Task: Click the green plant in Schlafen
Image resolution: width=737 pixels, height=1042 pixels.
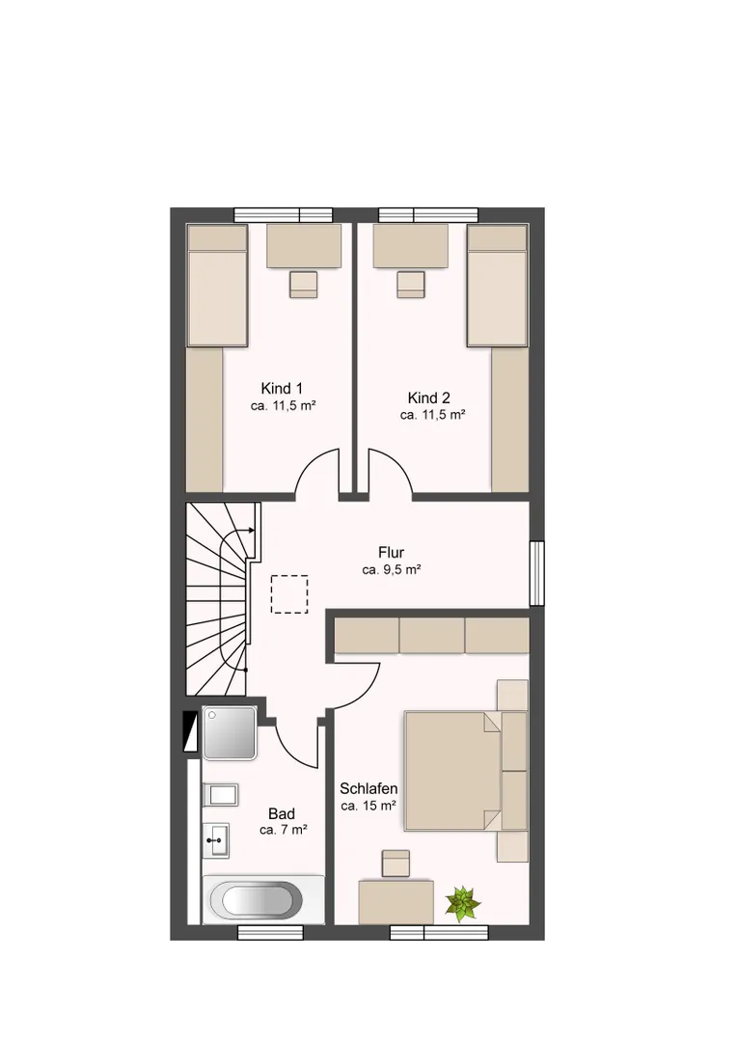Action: point(462,903)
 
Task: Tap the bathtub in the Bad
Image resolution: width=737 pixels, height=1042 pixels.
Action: point(257,901)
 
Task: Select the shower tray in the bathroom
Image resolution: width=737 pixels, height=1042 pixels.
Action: point(230,733)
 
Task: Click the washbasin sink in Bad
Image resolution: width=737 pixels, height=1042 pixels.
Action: point(216,840)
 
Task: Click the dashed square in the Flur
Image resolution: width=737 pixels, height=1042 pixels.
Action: point(289,594)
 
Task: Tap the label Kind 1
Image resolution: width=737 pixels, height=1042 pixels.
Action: point(282,388)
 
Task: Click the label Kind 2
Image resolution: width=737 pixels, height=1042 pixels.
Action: point(428,398)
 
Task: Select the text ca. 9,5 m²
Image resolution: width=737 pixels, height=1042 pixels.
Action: point(392,569)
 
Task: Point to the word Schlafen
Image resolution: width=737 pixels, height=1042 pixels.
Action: point(368,789)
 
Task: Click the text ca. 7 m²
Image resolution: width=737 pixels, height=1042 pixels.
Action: point(283,830)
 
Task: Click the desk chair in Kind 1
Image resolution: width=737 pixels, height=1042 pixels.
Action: point(304,285)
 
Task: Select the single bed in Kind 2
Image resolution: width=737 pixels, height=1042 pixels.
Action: point(497,286)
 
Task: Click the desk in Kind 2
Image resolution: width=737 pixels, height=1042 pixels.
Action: point(410,246)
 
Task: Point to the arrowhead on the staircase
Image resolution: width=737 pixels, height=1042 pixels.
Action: point(251,531)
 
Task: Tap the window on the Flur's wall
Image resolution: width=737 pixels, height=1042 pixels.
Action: point(537,573)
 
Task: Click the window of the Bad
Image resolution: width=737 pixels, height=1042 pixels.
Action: point(270,932)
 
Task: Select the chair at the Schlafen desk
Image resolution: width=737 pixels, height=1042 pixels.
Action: point(396,864)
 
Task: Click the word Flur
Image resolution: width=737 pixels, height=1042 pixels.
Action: point(392,552)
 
